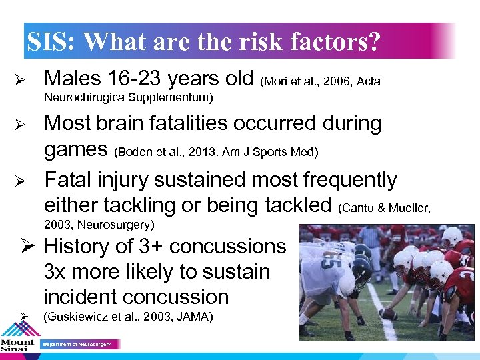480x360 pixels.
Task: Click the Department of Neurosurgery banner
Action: (81, 345)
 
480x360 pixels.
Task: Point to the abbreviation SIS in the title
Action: (49, 42)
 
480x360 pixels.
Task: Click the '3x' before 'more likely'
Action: (56, 272)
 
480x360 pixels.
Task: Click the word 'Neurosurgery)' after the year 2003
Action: (117, 224)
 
